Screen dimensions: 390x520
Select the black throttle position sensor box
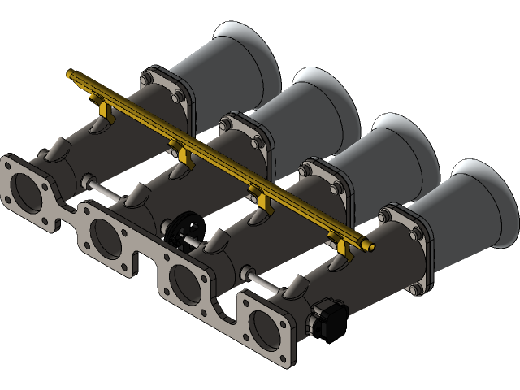click(x=330, y=318)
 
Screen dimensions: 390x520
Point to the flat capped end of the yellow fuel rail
click(x=71, y=74)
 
